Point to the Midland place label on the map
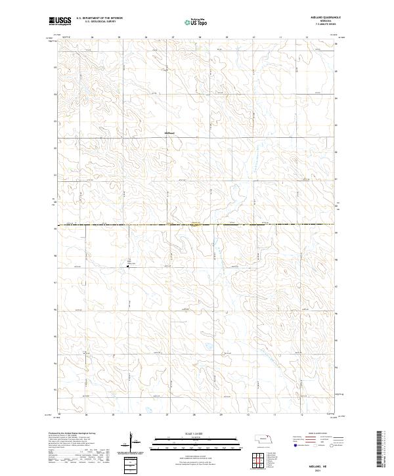(170, 131)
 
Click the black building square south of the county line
(127, 266)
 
